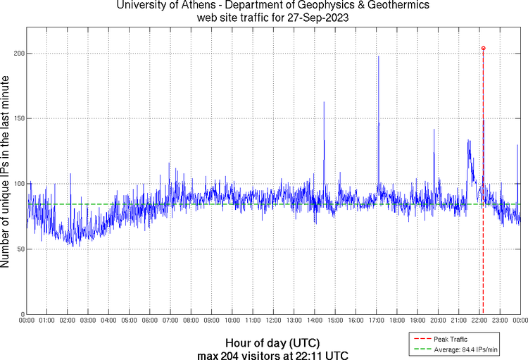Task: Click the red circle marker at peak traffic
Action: click(483, 49)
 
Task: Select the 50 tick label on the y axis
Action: click(19, 249)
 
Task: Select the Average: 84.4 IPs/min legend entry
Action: click(465, 349)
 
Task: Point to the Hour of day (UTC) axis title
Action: click(271, 342)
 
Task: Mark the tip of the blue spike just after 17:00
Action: click(378, 56)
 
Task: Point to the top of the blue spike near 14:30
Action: click(324, 102)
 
